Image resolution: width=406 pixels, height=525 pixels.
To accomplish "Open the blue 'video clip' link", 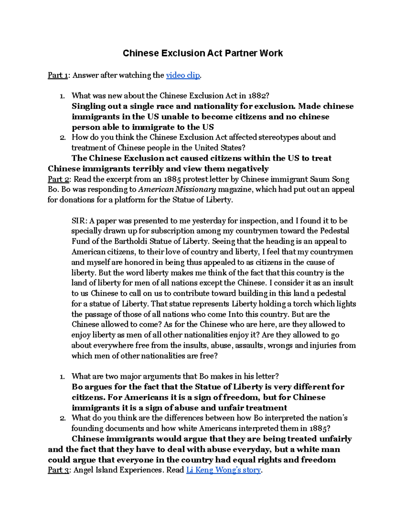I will coord(183,75).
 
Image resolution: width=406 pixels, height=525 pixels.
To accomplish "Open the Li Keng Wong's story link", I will coord(223,470).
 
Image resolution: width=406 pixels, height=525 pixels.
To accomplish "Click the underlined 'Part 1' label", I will coord(58,75).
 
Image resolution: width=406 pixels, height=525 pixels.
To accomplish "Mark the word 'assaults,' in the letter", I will coord(249,345).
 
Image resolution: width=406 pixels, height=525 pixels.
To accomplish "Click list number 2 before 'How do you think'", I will coord(62,138).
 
